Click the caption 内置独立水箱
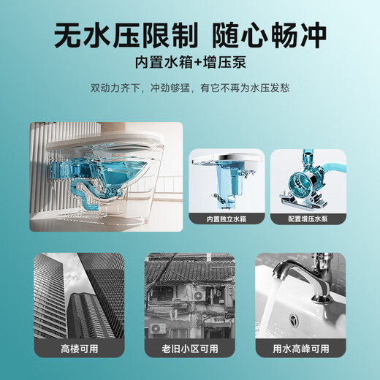226,218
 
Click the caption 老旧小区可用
190,348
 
